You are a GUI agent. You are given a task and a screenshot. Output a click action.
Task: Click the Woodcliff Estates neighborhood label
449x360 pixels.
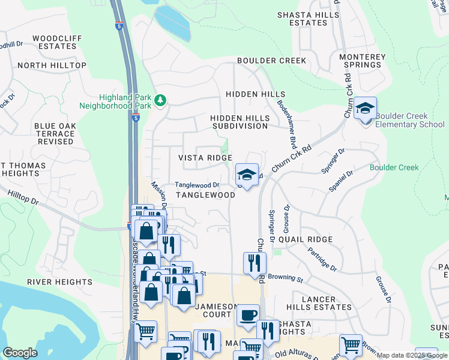57,43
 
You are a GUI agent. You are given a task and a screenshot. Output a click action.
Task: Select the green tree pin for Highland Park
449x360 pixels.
160,100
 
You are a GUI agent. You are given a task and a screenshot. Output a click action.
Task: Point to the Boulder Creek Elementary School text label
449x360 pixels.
409,120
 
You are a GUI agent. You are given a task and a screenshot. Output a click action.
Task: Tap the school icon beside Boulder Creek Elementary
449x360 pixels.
365,109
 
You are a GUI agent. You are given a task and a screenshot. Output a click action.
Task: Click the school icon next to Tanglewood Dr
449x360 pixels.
247,175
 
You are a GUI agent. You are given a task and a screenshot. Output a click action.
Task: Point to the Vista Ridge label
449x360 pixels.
205,158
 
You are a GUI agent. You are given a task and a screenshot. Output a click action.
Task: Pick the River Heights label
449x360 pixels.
59,281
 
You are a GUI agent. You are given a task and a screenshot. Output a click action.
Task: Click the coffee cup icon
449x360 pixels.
247,315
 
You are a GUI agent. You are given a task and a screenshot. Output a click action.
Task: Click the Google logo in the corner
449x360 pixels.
20,353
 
